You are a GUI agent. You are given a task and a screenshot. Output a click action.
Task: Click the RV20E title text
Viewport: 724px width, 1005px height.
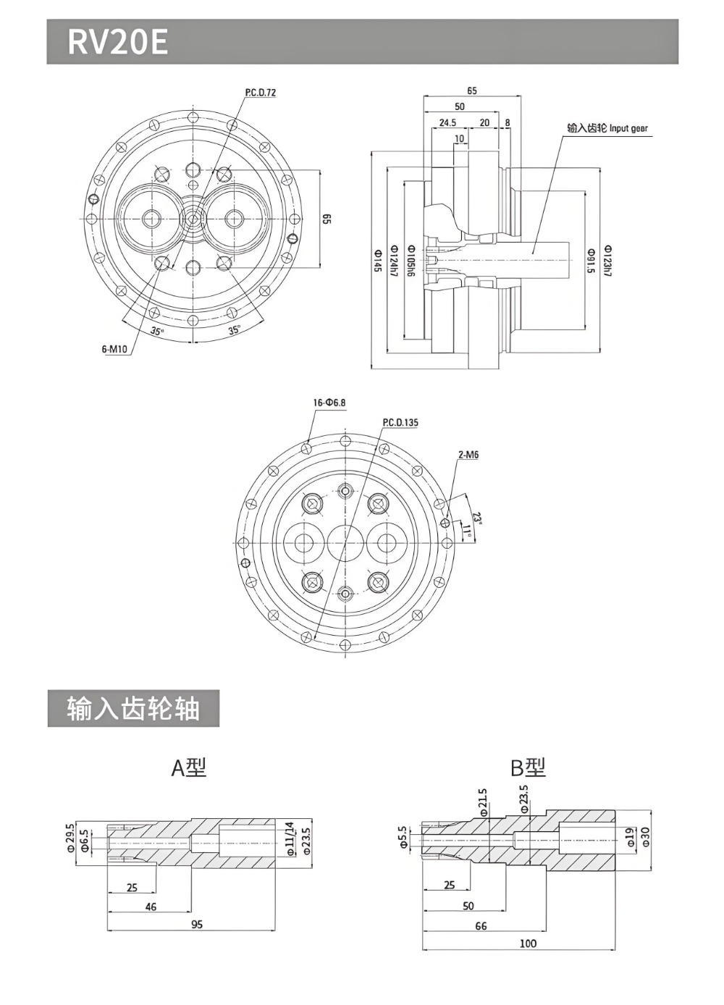click(117, 43)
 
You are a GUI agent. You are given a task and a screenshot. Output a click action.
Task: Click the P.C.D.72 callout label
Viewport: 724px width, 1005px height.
click(260, 93)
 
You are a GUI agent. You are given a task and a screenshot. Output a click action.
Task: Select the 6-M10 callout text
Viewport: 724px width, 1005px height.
click(114, 349)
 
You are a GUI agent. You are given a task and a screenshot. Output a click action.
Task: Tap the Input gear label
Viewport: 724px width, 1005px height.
click(607, 128)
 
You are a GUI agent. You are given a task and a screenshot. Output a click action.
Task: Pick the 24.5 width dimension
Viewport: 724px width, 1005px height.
click(447, 122)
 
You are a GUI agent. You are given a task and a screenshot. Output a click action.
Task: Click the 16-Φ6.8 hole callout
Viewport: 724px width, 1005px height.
click(329, 403)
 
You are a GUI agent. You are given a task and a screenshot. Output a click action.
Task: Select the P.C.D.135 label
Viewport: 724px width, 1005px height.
click(400, 422)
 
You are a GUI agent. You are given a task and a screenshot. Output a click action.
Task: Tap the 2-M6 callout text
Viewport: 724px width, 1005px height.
click(468, 455)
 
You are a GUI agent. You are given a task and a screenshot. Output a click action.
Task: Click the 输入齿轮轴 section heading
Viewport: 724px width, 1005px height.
click(133, 708)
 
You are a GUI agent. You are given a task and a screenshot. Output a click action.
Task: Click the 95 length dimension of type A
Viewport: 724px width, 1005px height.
click(196, 924)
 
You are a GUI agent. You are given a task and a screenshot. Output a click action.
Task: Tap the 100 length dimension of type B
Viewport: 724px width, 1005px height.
click(529, 943)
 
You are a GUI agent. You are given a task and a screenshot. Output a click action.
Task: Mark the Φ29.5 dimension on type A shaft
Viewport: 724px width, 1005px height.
click(71, 838)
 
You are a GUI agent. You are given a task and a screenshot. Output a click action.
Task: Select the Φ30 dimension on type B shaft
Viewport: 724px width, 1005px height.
click(645, 838)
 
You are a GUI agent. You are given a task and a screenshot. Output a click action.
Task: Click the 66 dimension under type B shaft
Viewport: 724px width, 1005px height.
click(481, 925)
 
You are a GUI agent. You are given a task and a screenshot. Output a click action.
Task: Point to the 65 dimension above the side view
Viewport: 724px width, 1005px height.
click(472, 91)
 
